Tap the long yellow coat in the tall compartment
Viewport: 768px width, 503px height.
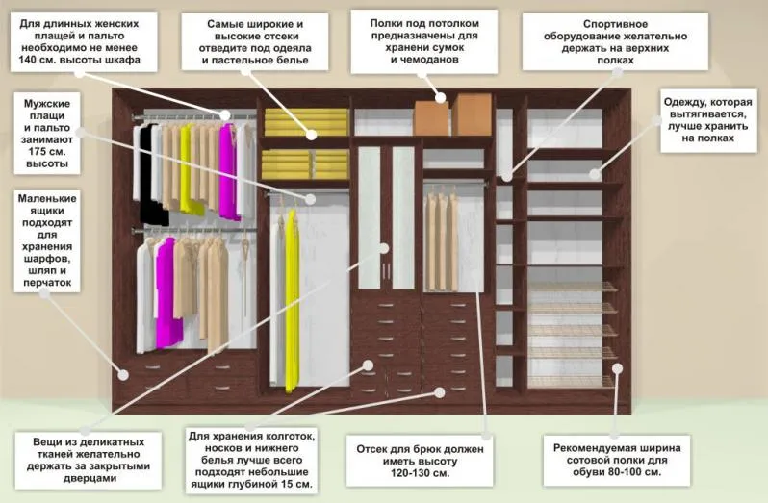292,299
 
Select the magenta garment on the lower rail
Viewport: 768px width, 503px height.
167,293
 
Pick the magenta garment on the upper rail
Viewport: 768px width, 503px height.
228,171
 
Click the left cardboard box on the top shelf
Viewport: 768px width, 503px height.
431,118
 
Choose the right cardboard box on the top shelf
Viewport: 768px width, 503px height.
473,115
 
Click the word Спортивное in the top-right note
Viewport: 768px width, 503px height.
616,24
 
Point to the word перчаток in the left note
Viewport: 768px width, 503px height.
47,283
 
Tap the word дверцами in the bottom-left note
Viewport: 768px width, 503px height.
90,478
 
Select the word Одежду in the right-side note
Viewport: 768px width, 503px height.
683,102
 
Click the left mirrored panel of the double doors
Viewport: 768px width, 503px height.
370,217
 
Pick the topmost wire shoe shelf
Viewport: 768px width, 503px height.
572,287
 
